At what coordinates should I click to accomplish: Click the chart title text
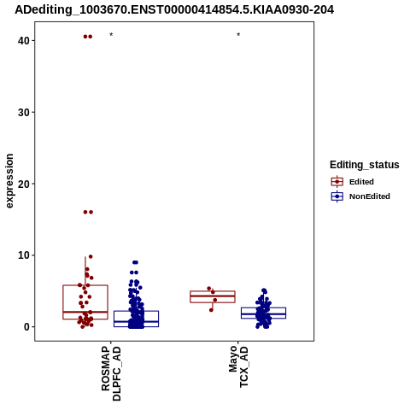pos(174,10)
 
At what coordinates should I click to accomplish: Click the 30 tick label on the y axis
pos(24,113)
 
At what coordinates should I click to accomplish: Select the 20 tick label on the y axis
pos(24,184)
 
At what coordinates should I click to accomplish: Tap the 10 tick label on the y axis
pos(24,255)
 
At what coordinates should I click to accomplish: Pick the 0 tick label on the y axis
pos(26,327)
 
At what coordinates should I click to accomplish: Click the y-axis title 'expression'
pos(9,181)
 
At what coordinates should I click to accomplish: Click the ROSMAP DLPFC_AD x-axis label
pos(111,373)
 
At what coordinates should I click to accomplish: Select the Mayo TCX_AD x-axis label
pos(238,366)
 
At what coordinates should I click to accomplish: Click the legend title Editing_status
pos(365,165)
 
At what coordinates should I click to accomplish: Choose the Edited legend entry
pos(353,182)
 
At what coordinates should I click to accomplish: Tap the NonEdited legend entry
pos(360,196)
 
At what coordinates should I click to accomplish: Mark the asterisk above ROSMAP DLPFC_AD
pos(111,35)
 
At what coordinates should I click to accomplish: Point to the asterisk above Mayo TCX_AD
pos(238,35)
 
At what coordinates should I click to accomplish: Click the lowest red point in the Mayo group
pos(211,310)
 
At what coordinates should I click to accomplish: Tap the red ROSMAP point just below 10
pos(91,256)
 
